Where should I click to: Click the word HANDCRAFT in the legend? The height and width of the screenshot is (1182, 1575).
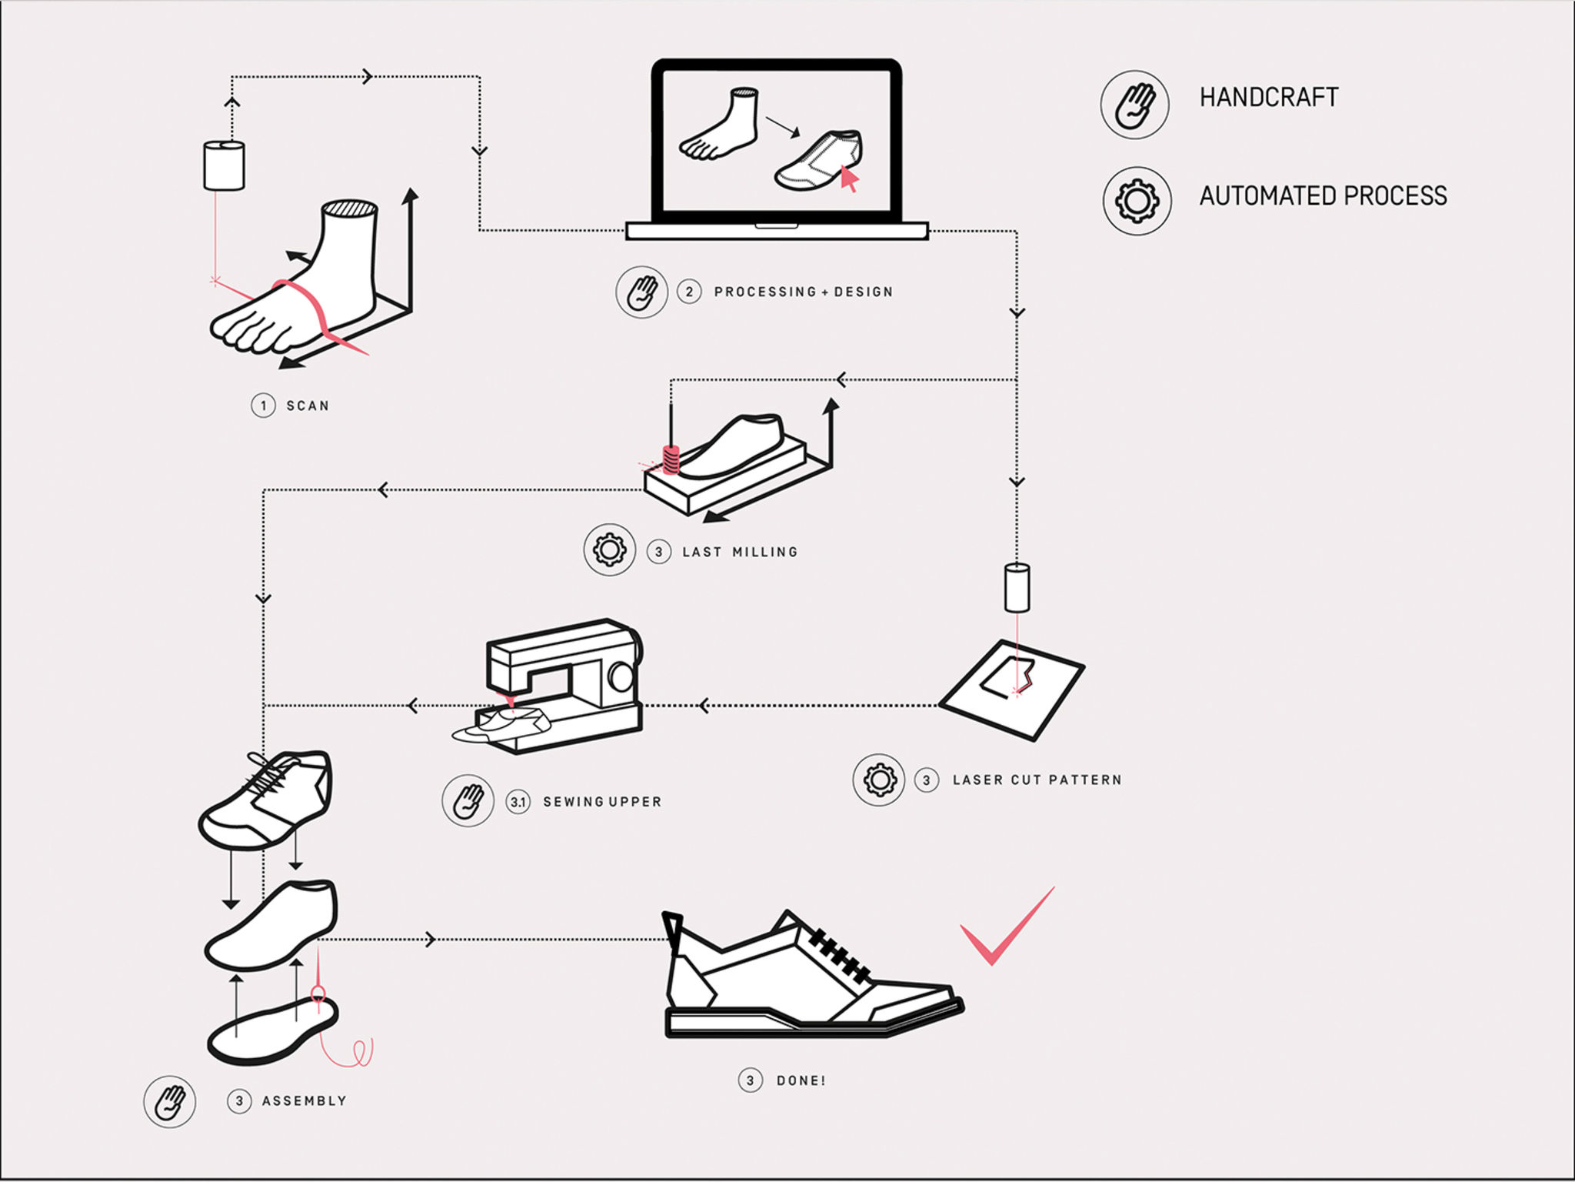(1269, 98)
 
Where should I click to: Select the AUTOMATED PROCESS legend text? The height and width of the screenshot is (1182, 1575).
(1323, 196)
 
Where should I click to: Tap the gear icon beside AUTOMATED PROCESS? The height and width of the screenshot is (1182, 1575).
(1137, 201)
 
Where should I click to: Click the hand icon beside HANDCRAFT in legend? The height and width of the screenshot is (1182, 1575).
(1135, 105)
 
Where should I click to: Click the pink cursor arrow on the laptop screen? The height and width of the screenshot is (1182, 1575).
(848, 179)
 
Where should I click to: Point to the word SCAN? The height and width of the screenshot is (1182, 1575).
(308, 406)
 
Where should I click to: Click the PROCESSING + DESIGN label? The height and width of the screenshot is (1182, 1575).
(804, 292)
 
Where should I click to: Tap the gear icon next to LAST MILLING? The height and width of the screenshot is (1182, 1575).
(609, 550)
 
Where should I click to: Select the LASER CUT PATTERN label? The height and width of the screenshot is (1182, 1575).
(1037, 780)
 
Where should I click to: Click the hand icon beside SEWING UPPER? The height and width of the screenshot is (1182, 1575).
(468, 801)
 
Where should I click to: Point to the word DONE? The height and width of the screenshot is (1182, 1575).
(801, 1081)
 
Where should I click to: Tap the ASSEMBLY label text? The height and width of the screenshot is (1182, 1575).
(305, 1101)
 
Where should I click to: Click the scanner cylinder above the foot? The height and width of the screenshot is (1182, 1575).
(224, 165)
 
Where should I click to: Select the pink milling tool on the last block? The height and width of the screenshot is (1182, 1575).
(671, 460)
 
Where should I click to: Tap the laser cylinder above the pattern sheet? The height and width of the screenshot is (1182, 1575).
(1017, 588)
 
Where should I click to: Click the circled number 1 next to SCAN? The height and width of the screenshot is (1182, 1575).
(263, 406)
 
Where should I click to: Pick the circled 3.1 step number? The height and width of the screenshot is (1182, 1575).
(518, 803)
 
